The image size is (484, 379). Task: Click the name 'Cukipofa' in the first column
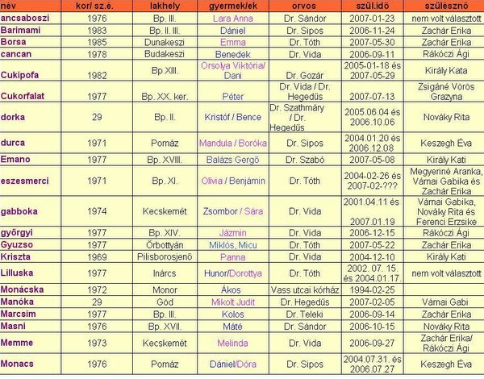click(x=23, y=73)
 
